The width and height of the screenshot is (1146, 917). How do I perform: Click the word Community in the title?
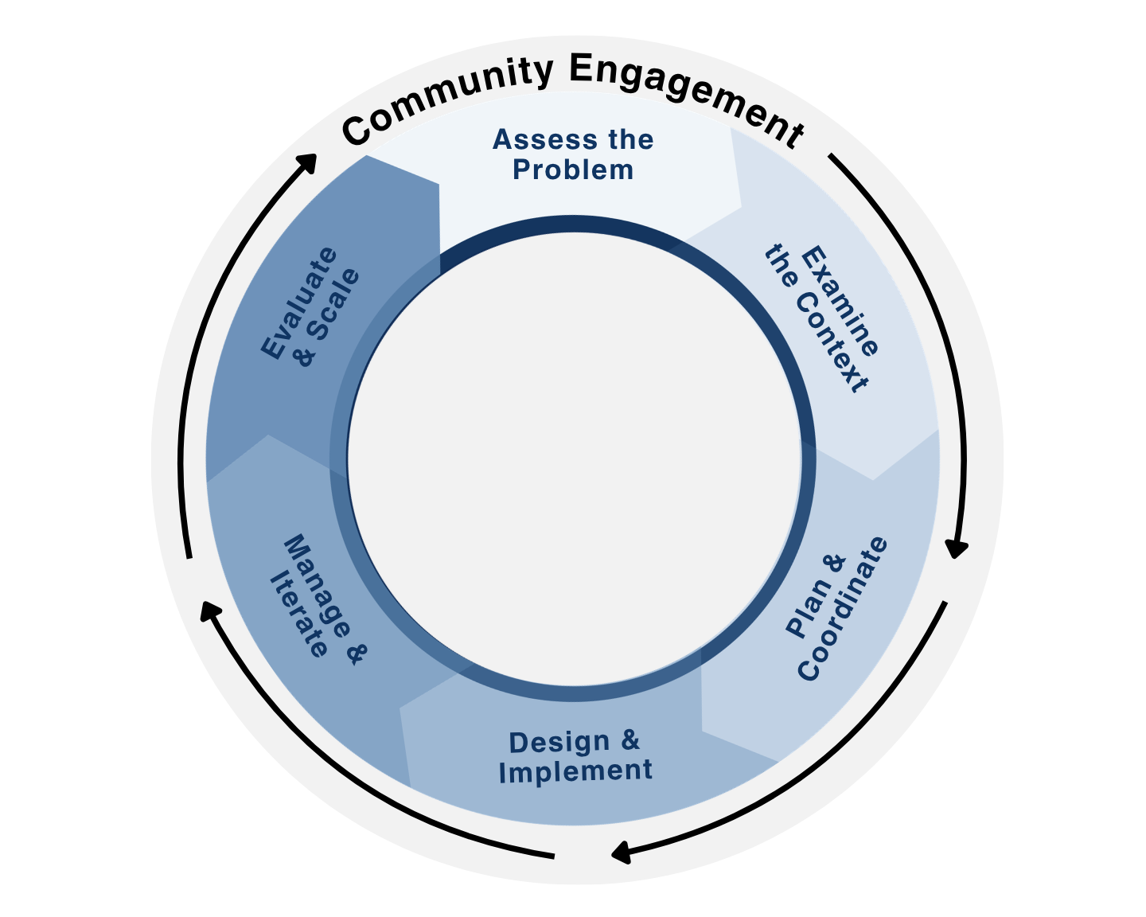[x=447, y=99]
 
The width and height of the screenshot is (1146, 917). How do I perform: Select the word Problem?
[x=573, y=170]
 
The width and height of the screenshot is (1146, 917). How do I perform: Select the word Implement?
[x=575, y=771]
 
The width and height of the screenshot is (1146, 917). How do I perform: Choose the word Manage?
[x=318, y=586]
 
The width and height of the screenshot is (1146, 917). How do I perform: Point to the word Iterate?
[x=298, y=615]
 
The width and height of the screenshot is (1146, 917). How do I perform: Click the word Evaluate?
[x=298, y=303]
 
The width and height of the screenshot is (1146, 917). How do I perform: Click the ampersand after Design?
[x=630, y=740]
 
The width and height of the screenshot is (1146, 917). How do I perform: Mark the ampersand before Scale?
[x=304, y=356]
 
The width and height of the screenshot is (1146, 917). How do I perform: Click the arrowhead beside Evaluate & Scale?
[x=307, y=162]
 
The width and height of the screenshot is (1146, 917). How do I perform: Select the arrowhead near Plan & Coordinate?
[x=957, y=548]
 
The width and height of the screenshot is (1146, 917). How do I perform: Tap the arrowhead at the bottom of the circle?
[x=622, y=853]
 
